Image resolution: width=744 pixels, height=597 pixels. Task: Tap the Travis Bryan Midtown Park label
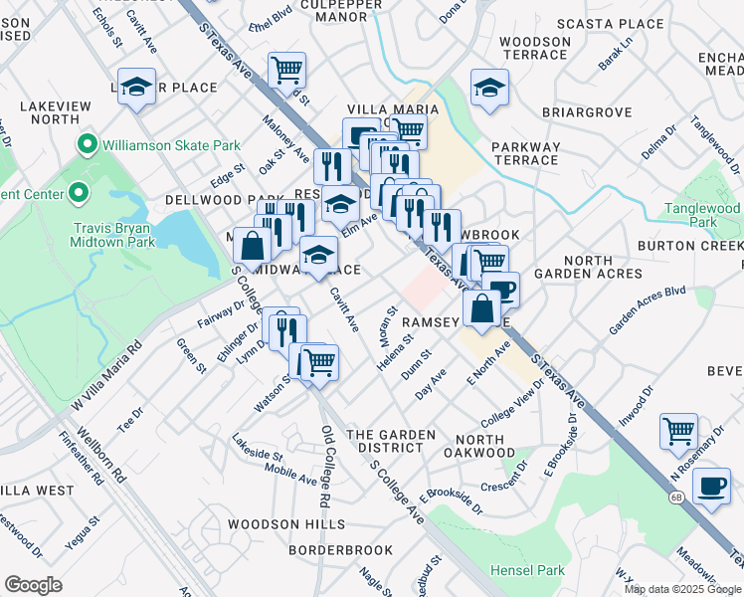tap(113, 234)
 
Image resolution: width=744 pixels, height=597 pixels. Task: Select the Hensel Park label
tap(527, 570)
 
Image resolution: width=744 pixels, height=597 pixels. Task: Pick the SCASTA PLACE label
tap(610, 24)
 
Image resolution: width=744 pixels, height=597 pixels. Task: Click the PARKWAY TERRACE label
tap(525, 153)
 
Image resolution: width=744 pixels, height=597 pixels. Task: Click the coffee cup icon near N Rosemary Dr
tap(711, 487)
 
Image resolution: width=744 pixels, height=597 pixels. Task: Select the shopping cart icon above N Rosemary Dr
tap(678, 432)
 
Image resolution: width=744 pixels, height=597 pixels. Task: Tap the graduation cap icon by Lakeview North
tap(136, 86)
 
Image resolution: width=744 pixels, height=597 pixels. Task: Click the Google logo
tap(33, 585)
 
